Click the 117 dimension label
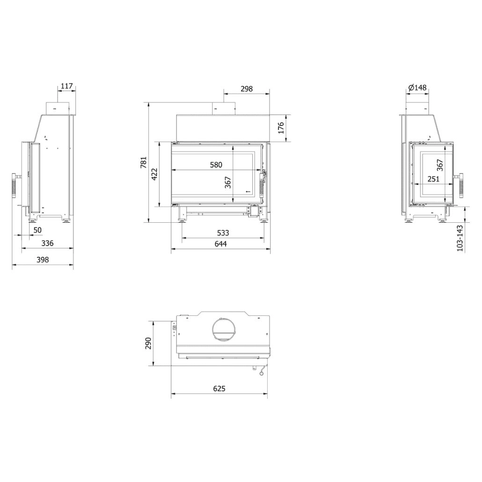pos(67,87)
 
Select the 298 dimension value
pos(246,88)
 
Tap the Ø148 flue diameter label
pos(417,88)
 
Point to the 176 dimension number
pos(281,128)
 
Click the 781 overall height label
pos(144,162)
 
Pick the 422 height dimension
pos(155,174)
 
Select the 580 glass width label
pos(216,165)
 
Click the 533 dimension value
pos(223,233)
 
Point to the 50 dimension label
pos(37,230)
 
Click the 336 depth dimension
pos(47,243)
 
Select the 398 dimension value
pos(43,260)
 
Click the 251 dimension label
pos(433,178)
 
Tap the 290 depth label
pos(148,343)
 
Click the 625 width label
pos(219,389)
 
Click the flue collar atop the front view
pos(223,109)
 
